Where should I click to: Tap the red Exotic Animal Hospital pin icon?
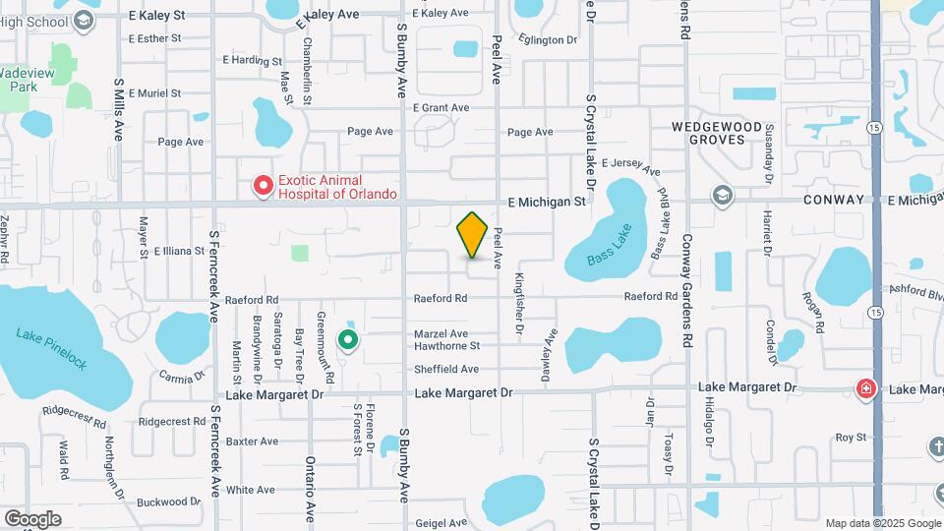point(263,185)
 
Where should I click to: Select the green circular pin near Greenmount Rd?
point(348,340)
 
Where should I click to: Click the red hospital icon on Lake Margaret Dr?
point(865,389)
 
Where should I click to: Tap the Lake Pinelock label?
point(51,349)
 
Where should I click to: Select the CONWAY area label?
point(834,200)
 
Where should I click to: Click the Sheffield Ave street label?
point(445,369)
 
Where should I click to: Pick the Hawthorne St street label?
point(446,346)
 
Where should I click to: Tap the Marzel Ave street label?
point(441,334)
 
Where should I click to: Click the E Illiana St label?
point(178,252)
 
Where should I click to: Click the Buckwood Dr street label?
point(168,501)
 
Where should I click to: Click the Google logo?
point(32,518)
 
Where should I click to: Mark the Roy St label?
point(850,438)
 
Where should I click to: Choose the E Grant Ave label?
point(441,107)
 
